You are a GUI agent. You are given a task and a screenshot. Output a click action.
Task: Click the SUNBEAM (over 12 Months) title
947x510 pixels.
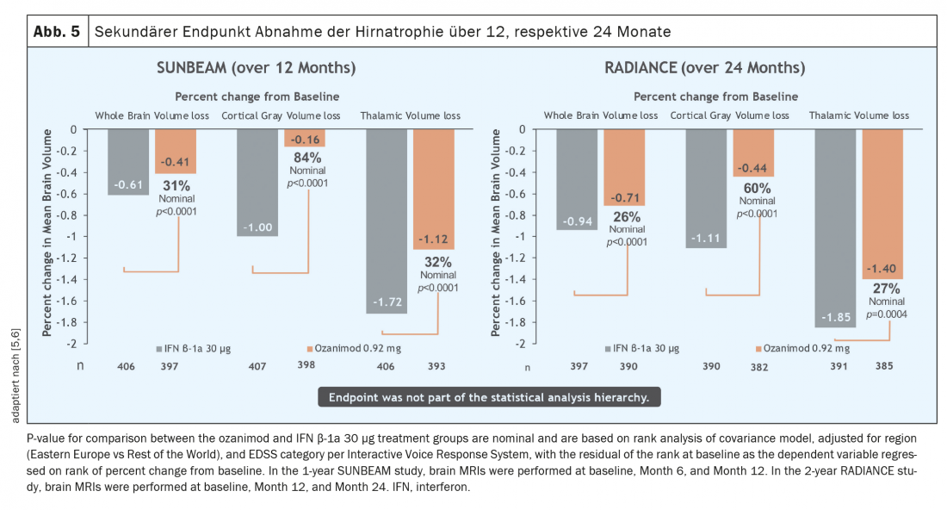tap(256, 68)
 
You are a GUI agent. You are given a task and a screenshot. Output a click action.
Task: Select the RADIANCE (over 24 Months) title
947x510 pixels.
tap(705, 68)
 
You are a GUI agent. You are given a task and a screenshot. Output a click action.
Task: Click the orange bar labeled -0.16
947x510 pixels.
tap(305, 138)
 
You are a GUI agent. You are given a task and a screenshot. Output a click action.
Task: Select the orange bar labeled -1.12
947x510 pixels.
tap(434, 190)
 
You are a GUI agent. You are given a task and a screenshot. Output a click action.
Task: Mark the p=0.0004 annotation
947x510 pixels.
tap(886, 314)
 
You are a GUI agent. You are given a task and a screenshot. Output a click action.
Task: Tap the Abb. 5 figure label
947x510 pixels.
tap(57, 32)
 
